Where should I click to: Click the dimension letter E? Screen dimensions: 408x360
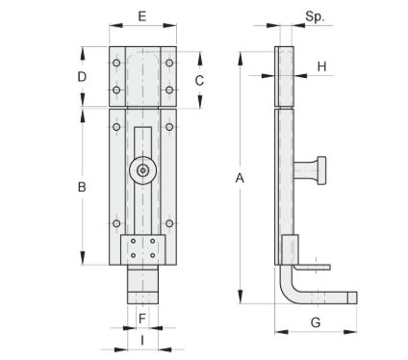[142, 16]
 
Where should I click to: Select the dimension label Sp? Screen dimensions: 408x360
[315, 16]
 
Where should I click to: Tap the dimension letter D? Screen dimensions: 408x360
[82, 77]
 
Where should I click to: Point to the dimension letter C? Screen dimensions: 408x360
[199, 80]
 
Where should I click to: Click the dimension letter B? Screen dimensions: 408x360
[82, 187]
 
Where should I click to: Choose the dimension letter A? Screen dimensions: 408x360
[240, 178]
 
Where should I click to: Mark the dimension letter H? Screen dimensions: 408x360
[321, 66]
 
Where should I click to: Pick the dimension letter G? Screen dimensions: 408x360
[316, 322]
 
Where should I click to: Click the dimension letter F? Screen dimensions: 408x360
[142, 319]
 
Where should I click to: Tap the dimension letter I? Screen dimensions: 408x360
[142, 340]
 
